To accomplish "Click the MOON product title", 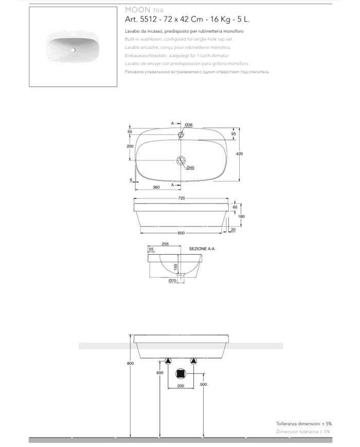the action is pyautogui.click(x=138, y=10).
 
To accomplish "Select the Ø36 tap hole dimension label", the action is pyautogui.click(x=188, y=125).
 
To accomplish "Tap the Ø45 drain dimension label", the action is pyautogui.click(x=190, y=168).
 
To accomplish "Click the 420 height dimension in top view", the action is pyautogui.click(x=239, y=154).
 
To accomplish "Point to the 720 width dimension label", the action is pyautogui.click(x=182, y=198).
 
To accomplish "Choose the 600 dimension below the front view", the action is pyautogui.click(x=181, y=233).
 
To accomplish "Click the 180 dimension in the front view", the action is pyautogui.click(x=241, y=217).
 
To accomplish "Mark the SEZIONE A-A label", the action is pyautogui.click(x=202, y=249).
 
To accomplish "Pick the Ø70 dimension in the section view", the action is pyautogui.click(x=172, y=281).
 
